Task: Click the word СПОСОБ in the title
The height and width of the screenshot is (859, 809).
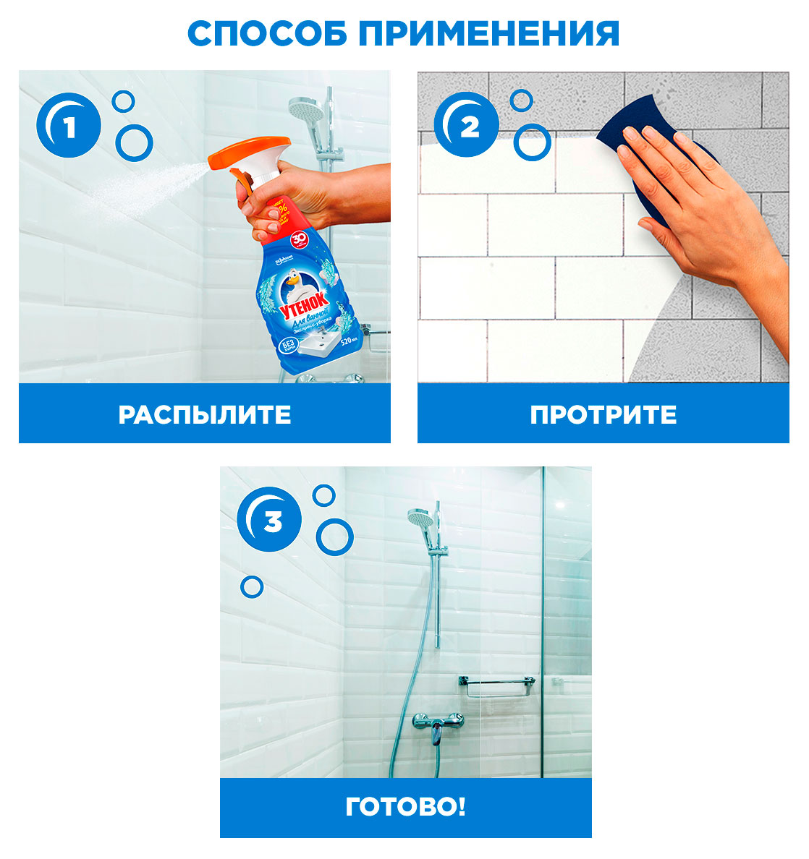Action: [x=267, y=33]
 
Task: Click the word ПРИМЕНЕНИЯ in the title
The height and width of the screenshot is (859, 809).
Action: [x=490, y=33]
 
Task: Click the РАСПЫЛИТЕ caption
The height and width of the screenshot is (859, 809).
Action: [x=205, y=414]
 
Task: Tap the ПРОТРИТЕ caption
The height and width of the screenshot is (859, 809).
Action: [x=603, y=414]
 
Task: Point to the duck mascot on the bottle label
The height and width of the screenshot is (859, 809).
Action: [x=297, y=281]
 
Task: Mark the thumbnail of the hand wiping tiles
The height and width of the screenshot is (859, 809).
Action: [x=603, y=226]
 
